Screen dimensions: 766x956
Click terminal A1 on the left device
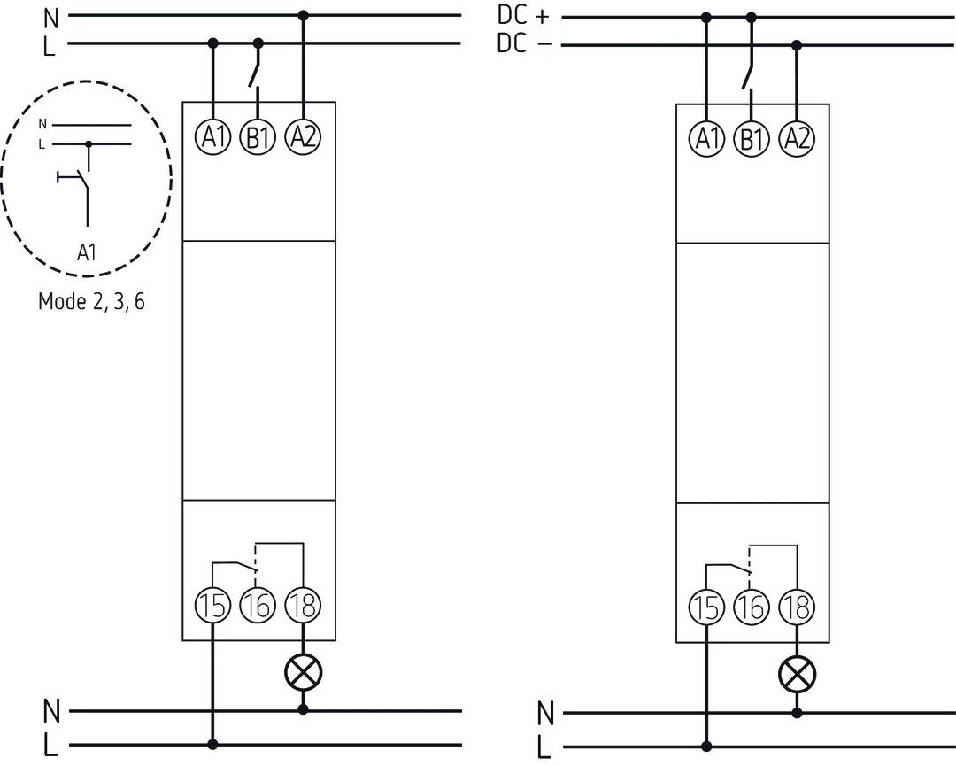[212, 137]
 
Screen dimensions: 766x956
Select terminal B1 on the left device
[258, 137]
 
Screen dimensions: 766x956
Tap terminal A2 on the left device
[303, 137]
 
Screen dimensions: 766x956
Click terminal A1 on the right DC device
[706, 139]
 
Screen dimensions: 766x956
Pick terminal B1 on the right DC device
[752, 139]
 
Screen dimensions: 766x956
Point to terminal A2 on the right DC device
[797, 139]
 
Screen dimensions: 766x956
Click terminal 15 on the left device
[212, 606]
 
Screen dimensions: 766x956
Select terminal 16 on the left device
[258, 606]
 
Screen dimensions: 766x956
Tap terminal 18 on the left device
[303, 606]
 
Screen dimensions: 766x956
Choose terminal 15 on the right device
[706, 607]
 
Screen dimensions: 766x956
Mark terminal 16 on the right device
[752, 607]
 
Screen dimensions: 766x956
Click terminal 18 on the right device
[797, 607]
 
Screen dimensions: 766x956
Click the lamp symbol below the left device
[303, 674]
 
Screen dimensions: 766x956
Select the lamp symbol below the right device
[797, 676]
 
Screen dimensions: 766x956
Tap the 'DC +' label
[523, 16]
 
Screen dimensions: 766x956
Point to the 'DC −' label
[523, 44]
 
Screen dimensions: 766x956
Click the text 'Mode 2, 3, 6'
[91, 301]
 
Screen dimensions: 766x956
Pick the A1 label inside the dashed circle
[86, 253]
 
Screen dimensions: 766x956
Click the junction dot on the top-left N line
[303, 15]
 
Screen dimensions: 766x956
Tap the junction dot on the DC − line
[797, 44]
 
